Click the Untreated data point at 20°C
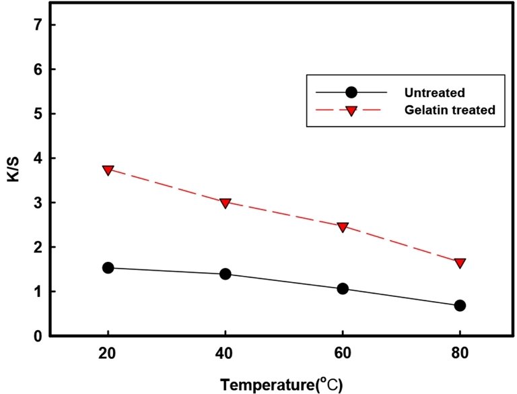tap(108, 268)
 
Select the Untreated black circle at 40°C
tap(226, 274)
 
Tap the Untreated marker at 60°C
tap(343, 288)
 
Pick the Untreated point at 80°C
tap(460, 305)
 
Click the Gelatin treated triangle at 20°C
tap(108, 170)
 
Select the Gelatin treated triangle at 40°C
tap(226, 203)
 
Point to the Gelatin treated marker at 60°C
tap(343, 227)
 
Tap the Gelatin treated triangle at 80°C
tap(460, 263)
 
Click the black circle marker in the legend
tap(351, 92)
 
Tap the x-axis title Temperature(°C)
tap(281, 385)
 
